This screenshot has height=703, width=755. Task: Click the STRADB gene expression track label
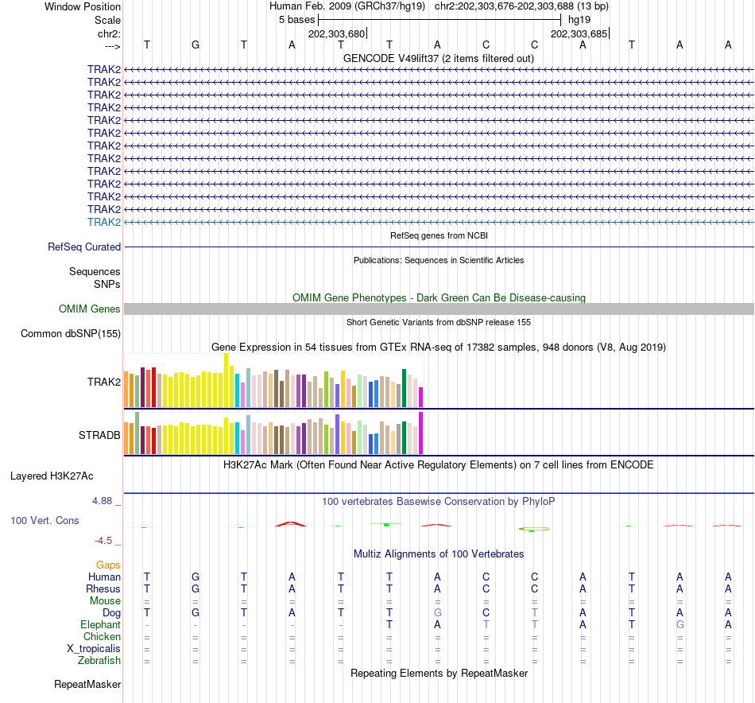pyautogui.click(x=99, y=435)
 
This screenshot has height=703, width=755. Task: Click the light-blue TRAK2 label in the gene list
pyautogui.click(x=104, y=222)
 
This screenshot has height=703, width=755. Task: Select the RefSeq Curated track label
pyautogui.click(x=84, y=247)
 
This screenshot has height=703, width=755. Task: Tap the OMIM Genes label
pyautogui.click(x=90, y=309)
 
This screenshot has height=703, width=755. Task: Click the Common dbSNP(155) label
pyautogui.click(x=71, y=333)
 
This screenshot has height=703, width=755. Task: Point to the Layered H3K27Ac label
pyautogui.click(x=52, y=476)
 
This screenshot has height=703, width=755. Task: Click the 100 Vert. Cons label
pyautogui.click(x=45, y=520)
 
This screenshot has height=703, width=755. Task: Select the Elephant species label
pyautogui.click(x=99, y=625)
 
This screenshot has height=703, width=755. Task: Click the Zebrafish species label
pyautogui.click(x=99, y=661)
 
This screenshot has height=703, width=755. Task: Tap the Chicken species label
pyautogui.click(x=102, y=637)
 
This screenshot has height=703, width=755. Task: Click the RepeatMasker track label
pyautogui.click(x=87, y=684)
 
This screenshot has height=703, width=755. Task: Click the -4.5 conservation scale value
pyautogui.click(x=104, y=541)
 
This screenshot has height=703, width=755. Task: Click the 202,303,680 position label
pyautogui.click(x=337, y=34)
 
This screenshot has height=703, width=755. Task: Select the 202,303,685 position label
pyautogui.click(x=579, y=34)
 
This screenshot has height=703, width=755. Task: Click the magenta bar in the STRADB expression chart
pyautogui.click(x=420, y=433)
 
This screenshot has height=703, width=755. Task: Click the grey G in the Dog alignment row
pyautogui.click(x=437, y=613)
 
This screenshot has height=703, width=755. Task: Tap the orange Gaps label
pyautogui.click(x=108, y=565)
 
